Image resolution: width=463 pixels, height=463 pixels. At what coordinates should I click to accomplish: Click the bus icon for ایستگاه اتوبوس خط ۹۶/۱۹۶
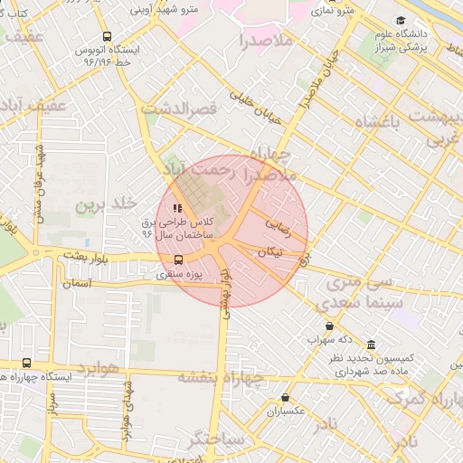[108, 36]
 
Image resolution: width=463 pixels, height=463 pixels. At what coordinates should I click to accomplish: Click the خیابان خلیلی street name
[256, 106]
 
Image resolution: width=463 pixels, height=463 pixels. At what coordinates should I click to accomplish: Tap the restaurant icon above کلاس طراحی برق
[177, 209]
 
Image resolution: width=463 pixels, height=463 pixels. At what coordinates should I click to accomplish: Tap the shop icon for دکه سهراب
[329, 326]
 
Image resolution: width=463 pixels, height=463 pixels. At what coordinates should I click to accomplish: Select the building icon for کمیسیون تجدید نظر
[372, 345]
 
